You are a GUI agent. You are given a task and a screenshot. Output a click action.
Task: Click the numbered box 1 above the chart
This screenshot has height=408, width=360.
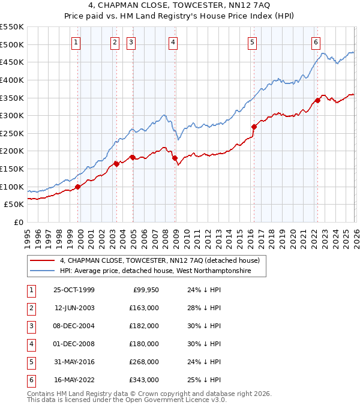click(77, 42)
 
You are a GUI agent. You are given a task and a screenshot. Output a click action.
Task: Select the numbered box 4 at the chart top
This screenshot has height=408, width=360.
click(173, 42)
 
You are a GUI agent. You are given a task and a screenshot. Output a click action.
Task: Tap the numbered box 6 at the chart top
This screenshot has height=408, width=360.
click(316, 42)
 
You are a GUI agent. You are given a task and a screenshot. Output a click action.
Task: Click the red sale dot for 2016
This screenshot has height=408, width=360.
click(254, 127)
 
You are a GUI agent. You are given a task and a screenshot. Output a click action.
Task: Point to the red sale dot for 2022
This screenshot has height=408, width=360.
click(317, 100)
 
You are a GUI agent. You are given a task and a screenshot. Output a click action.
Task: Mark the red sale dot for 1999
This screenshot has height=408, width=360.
click(78, 187)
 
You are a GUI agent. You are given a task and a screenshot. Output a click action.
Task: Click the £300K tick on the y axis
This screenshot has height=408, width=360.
click(12, 115)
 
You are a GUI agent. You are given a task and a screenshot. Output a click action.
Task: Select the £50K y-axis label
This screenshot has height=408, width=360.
click(14, 205)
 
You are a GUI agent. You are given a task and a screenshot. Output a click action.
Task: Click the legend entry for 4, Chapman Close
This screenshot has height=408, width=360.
click(159, 260)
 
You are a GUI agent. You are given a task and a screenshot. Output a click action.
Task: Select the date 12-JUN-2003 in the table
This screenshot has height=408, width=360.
click(74, 308)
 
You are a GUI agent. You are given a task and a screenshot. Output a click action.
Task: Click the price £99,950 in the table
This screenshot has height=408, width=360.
click(144, 290)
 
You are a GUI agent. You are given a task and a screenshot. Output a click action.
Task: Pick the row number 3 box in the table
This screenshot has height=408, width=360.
click(30, 326)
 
